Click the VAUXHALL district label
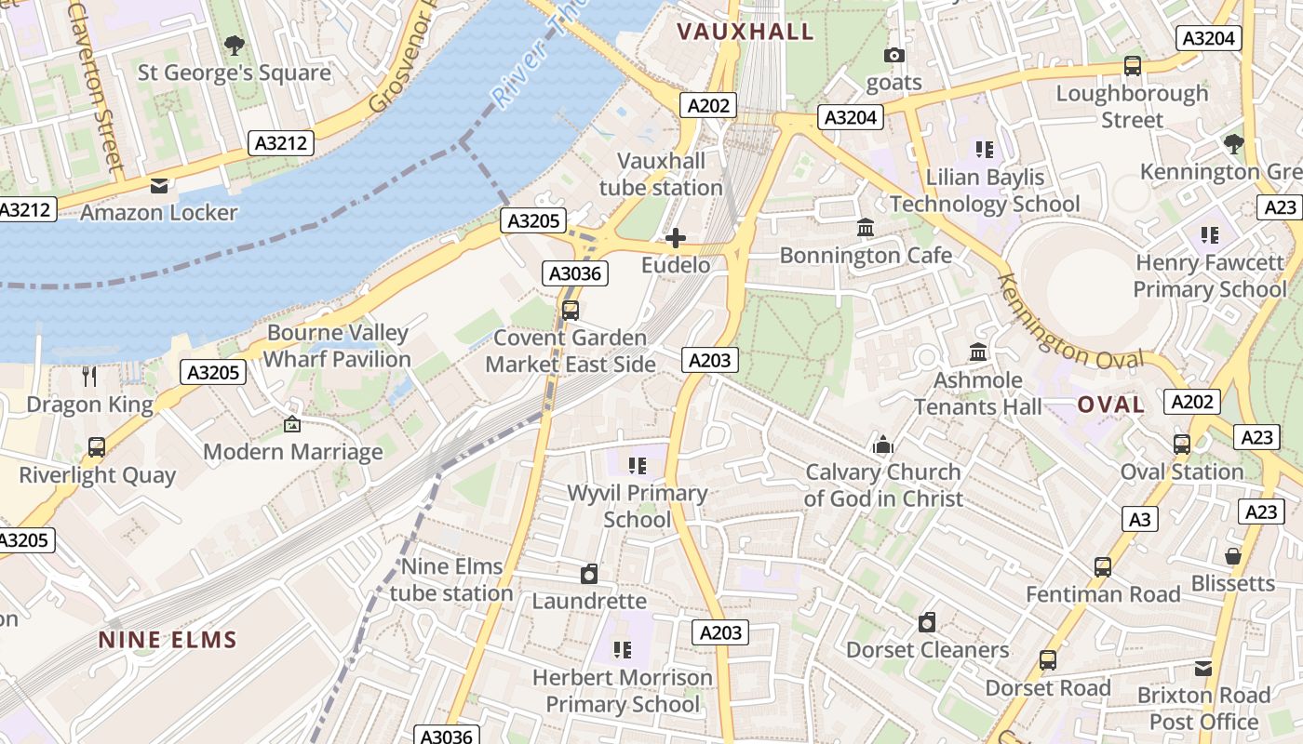coord(745,32)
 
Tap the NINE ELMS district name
coord(168,640)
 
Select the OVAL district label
coord(1110,405)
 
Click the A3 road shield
coord(1140,519)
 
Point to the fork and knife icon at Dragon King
coord(89,377)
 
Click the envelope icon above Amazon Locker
coord(159,185)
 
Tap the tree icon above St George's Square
coord(235,45)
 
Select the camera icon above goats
coord(893,56)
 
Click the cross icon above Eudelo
coord(676,238)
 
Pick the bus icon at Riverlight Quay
coord(97,447)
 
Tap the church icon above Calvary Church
coord(882,445)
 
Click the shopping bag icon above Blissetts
coord(1233,556)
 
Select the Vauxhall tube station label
coord(661,174)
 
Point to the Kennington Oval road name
coord(1069,322)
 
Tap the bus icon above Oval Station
coord(1181,445)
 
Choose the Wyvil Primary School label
coord(638,506)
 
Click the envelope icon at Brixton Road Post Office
coord(1203,668)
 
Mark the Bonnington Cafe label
coord(866,255)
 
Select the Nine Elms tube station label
coord(451,579)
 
